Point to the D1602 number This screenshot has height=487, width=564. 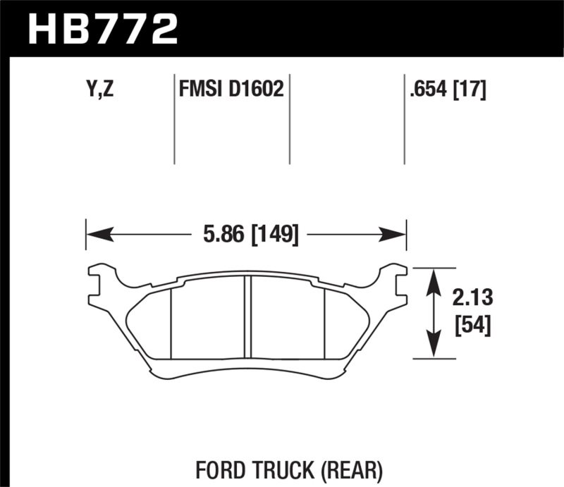pyautogui.click(x=257, y=90)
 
